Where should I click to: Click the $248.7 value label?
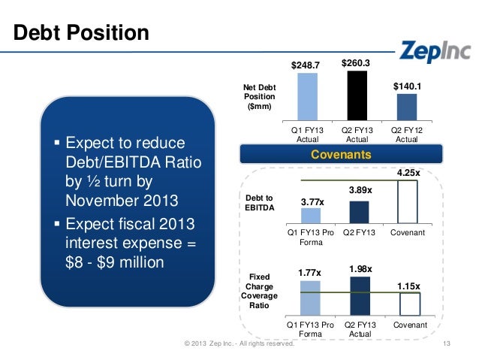click(306, 65)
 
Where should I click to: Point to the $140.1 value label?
click(406, 86)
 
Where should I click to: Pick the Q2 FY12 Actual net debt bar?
click(406, 107)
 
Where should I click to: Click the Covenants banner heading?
click(331, 155)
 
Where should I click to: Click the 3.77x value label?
click(313, 201)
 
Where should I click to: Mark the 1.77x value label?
click(309, 274)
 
